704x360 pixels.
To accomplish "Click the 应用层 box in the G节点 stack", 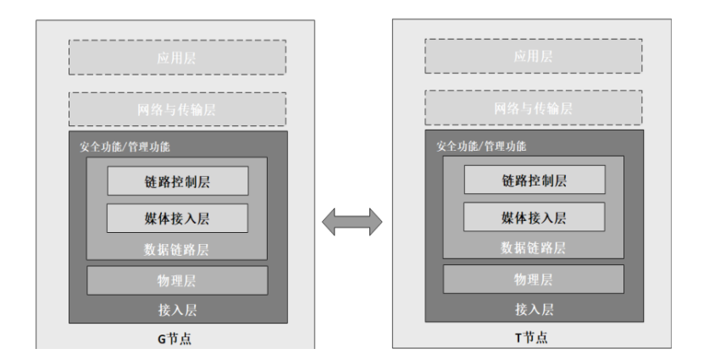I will pyautogui.click(x=178, y=58).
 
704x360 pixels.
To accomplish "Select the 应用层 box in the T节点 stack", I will pyautogui.click(x=535, y=58).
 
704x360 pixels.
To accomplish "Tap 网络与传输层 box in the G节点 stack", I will pyautogui.click(x=178, y=108).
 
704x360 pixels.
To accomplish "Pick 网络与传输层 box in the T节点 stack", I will pyautogui.click(x=535, y=108).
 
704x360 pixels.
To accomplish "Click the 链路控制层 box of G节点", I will pyautogui.click(x=177, y=180).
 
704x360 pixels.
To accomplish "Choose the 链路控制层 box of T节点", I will pyautogui.click(x=534, y=180).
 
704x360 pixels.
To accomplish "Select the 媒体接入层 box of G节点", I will pyautogui.click(x=177, y=219).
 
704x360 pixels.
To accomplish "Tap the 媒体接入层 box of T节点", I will pyautogui.click(x=534, y=219).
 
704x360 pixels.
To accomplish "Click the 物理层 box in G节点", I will pyautogui.click(x=177, y=280).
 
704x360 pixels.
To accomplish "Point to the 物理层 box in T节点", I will pyautogui.click(x=534, y=280).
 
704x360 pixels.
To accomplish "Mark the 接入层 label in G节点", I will pyautogui.click(x=177, y=309).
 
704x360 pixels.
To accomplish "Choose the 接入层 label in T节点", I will pyautogui.click(x=534, y=309).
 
